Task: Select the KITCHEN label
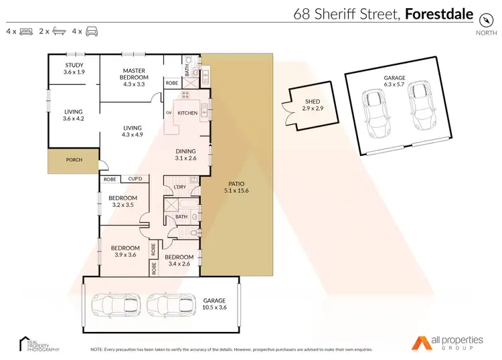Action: click(187, 113)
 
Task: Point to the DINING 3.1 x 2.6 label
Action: click(186, 155)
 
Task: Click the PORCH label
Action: click(74, 161)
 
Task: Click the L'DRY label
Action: click(179, 186)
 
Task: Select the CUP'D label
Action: click(136, 179)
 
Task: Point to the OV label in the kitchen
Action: click(169, 113)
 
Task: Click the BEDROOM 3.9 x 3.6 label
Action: click(124, 251)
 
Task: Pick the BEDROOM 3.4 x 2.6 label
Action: click(179, 260)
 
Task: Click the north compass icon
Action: click(481, 21)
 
